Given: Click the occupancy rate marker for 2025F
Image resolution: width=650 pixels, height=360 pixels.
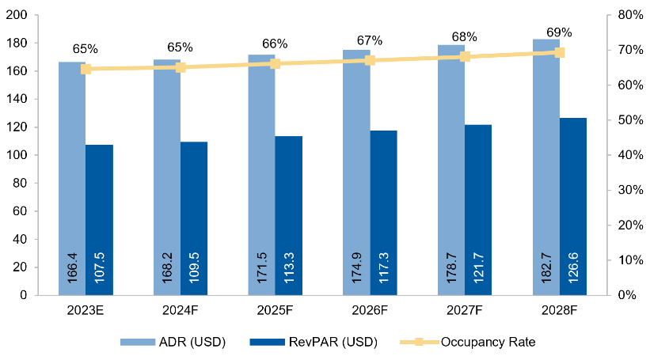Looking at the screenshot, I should (275, 63).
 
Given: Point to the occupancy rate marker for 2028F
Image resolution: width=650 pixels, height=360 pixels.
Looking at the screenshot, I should (560, 53).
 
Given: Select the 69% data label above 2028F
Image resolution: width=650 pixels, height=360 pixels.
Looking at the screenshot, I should (560, 32).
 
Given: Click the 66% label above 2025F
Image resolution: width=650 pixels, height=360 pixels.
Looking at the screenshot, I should (275, 44).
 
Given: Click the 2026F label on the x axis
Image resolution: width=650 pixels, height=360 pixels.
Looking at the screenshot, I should (370, 310).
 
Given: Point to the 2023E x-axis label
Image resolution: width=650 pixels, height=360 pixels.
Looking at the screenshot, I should (85, 310).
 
